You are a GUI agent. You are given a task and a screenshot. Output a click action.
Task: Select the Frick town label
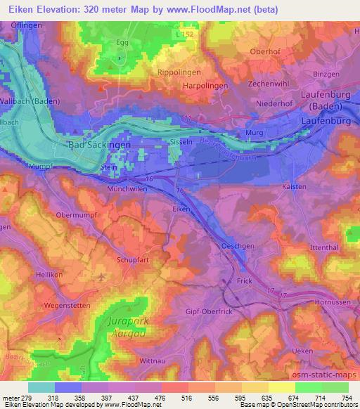(x=243, y=280)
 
